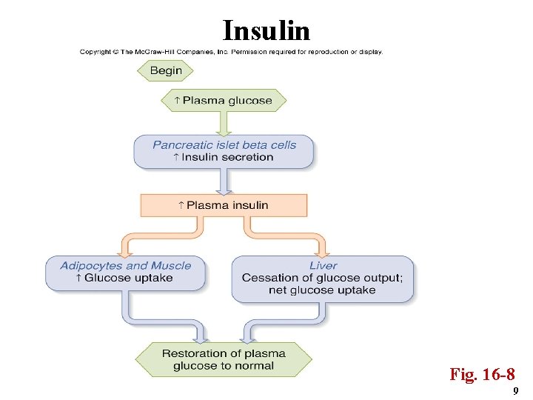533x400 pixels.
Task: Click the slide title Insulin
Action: click(266, 30)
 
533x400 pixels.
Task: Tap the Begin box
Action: click(165, 71)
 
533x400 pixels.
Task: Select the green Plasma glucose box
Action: click(224, 101)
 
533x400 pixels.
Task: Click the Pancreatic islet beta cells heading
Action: click(224, 144)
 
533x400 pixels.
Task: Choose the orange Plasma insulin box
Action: click(224, 205)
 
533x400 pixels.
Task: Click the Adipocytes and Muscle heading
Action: click(125, 266)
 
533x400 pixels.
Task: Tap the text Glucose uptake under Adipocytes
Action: click(127, 279)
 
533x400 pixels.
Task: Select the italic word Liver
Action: click(323, 266)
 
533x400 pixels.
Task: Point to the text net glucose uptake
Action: click(322, 290)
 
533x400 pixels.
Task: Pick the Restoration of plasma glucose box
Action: click(224, 359)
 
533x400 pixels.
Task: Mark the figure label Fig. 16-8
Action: click(482, 374)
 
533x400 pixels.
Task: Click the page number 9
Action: click(515, 390)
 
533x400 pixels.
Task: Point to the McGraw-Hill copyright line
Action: click(231, 52)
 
